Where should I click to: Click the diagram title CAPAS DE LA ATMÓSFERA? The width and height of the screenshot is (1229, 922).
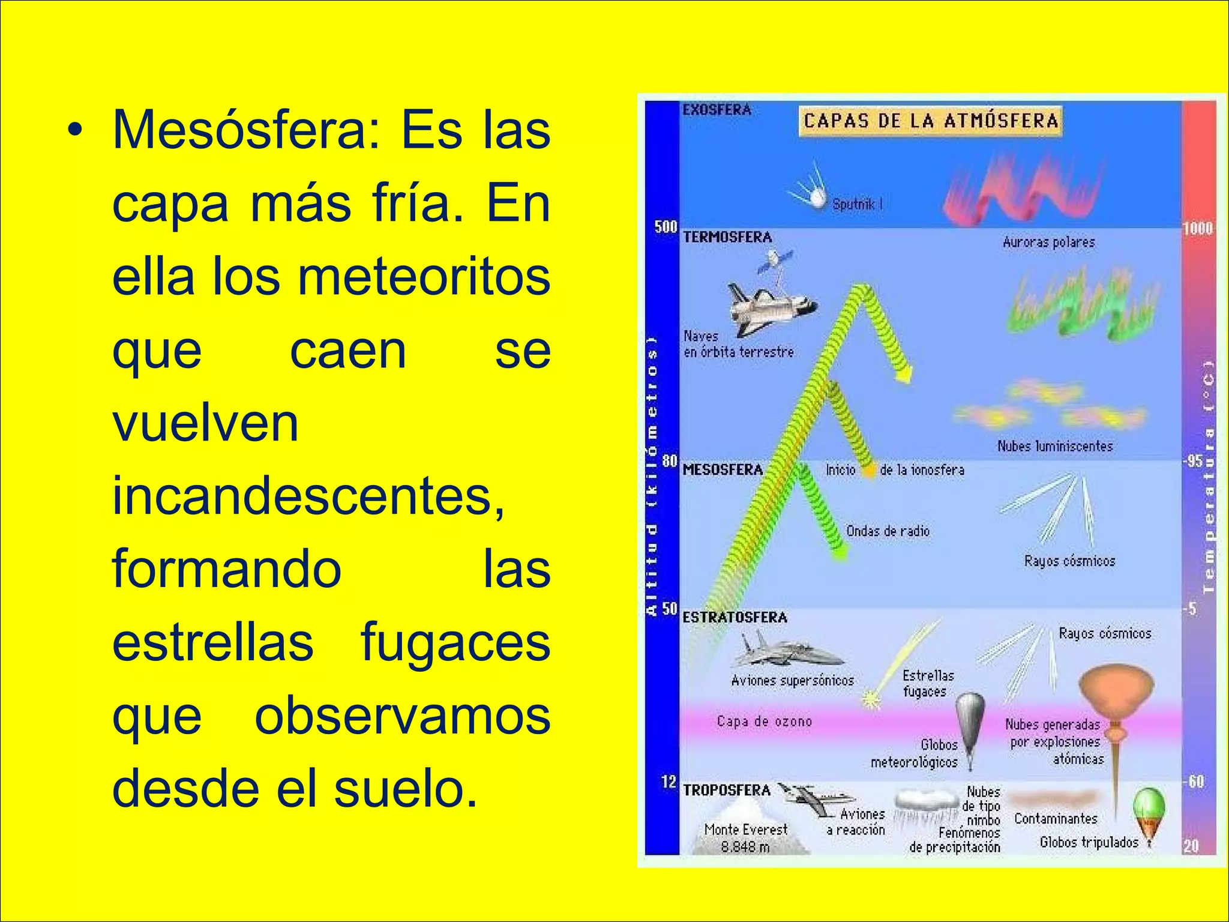pos(930,121)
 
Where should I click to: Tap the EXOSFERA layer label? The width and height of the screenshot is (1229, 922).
pos(717,110)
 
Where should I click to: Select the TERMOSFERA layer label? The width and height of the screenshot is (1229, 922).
pos(727,237)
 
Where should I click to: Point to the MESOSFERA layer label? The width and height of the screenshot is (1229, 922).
pos(723,469)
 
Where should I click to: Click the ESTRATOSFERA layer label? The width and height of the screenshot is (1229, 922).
pos(735,617)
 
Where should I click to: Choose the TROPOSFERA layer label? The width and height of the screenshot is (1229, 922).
pos(726,790)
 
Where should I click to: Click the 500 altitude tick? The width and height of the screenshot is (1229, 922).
pos(666,227)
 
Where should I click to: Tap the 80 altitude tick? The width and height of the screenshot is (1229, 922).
pos(669,461)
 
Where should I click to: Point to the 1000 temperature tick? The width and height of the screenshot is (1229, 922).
pos(1197,228)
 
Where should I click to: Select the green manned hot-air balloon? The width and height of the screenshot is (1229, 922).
pos(1149,813)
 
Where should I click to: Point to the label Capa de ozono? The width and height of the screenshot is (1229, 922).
pos(764,721)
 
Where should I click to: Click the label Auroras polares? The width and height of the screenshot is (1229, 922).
pos(1048,242)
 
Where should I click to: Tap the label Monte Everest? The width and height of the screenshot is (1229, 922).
pos(745,830)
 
